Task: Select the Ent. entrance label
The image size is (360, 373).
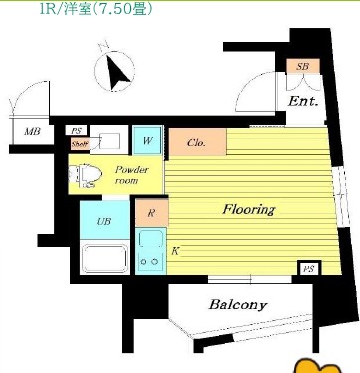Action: click(x=302, y=101)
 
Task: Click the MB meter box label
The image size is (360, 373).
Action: click(x=32, y=131)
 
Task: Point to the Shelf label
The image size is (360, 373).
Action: click(x=78, y=143)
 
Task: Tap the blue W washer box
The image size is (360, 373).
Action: click(x=147, y=141)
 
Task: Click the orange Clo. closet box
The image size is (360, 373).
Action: click(x=196, y=143)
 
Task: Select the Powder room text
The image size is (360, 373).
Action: click(x=131, y=175)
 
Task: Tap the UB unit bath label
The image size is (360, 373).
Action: click(x=103, y=221)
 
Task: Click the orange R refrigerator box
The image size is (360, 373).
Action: click(x=149, y=212)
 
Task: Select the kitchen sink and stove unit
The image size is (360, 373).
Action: click(x=152, y=250)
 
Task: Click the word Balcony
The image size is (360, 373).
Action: click(x=237, y=304)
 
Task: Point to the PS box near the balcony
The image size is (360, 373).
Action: click(x=309, y=268)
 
